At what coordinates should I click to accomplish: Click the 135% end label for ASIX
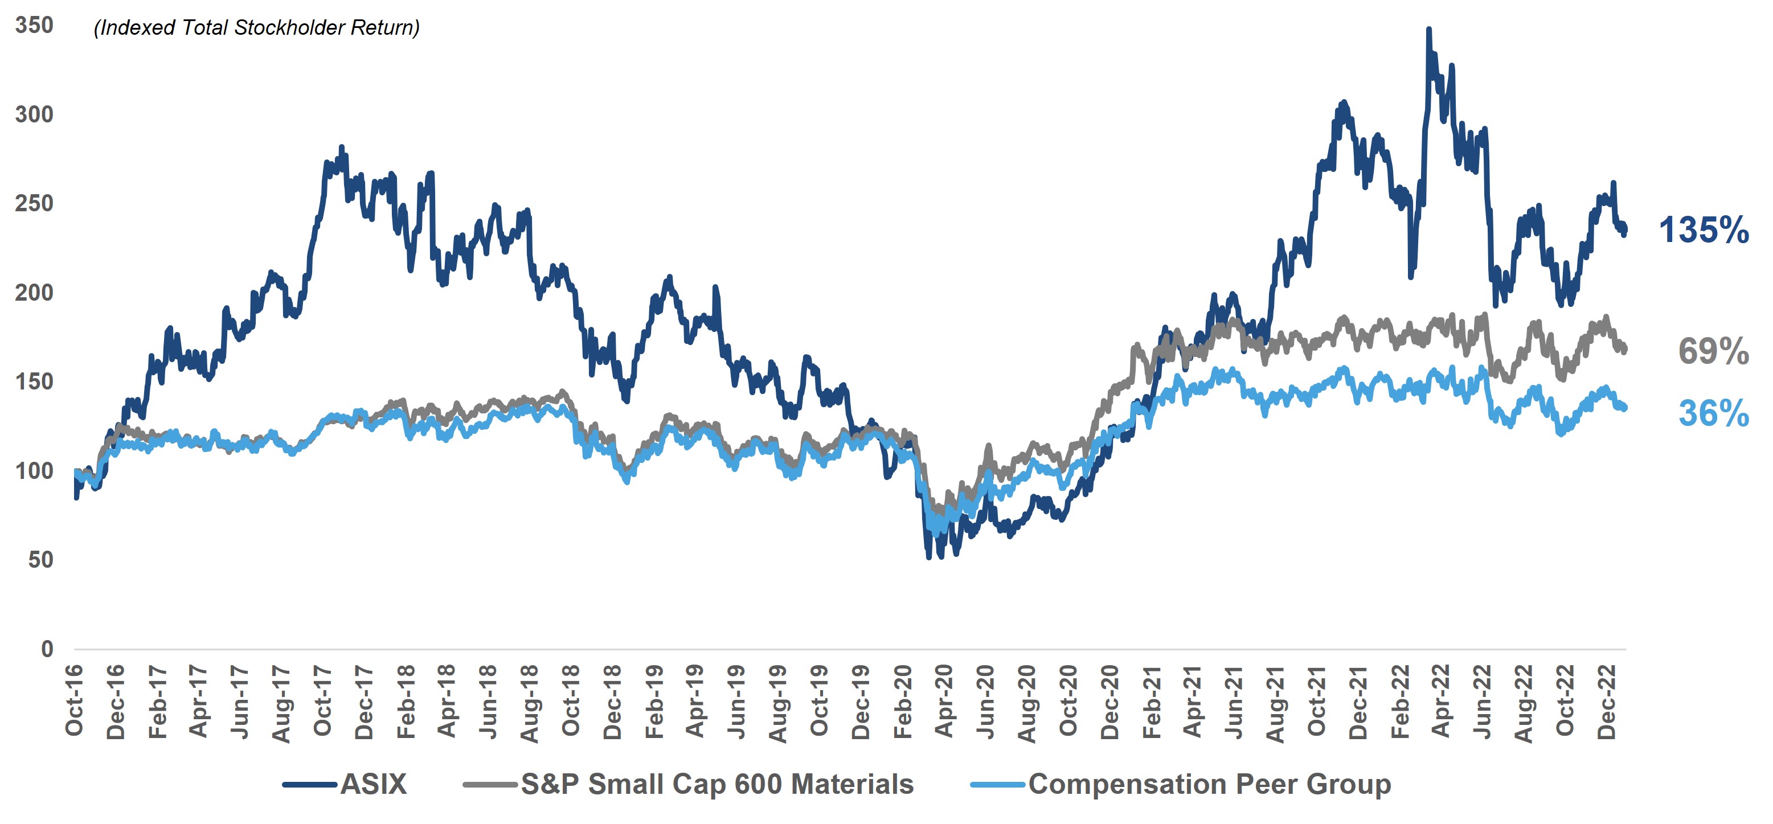[1703, 230]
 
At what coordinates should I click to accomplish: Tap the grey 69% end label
[1713, 351]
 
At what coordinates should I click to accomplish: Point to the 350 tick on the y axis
[34, 26]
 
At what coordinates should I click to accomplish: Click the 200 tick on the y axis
[34, 293]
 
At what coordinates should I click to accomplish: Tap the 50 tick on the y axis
[40, 560]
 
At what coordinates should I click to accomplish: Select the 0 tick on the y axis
[47, 649]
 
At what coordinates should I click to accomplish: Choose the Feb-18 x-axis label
[406, 702]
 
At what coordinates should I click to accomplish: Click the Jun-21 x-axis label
[1234, 702]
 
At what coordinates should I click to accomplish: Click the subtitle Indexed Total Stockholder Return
[257, 27]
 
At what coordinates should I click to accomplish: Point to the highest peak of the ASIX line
[1429, 30]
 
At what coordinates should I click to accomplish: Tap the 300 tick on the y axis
[34, 114]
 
